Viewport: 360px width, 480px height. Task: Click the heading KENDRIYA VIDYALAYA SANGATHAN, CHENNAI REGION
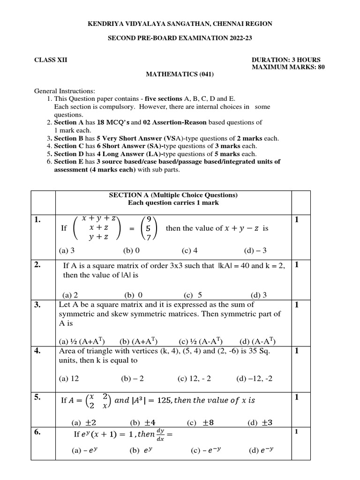(x=180, y=23)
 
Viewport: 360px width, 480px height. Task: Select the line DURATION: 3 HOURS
(x=286, y=60)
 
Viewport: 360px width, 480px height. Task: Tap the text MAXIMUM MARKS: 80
(x=288, y=67)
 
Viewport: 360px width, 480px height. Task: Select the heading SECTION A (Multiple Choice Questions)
(x=173, y=195)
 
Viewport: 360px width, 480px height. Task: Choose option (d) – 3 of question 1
(x=255, y=251)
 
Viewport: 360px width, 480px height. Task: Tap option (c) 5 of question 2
(x=193, y=295)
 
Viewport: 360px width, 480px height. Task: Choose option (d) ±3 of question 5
(x=260, y=422)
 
